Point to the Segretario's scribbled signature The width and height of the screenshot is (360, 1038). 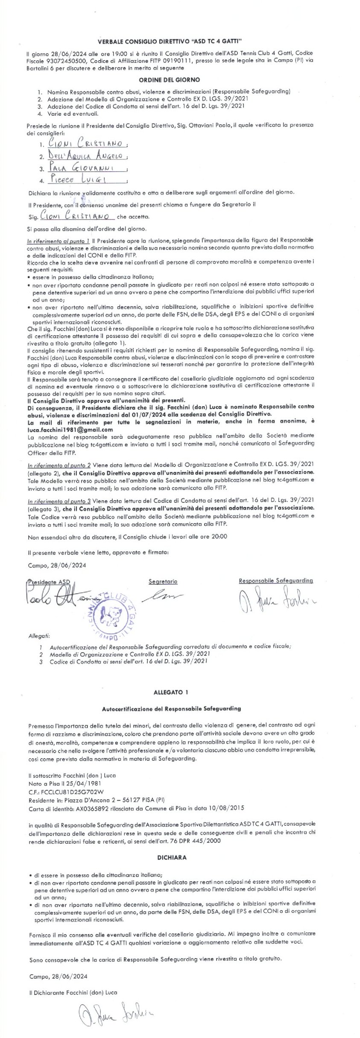click(164, 595)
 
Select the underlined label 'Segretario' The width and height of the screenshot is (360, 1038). click(163, 581)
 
